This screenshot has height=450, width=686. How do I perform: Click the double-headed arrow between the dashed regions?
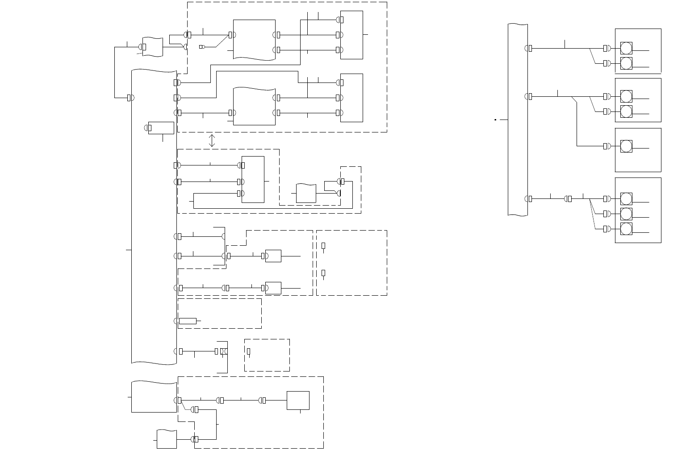coord(212,140)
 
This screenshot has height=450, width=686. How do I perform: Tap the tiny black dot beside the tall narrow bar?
coord(496,120)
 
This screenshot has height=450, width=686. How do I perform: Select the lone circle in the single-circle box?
coord(626,146)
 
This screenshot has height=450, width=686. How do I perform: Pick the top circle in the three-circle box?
coord(626,198)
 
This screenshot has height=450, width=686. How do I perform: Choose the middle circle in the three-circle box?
coord(626,214)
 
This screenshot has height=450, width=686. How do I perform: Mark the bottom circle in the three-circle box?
coord(626,229)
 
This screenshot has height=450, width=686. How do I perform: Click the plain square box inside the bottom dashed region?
coord(298,400)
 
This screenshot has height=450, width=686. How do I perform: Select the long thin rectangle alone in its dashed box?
coord(188,321)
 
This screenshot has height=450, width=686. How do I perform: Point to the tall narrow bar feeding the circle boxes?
coord(518,120)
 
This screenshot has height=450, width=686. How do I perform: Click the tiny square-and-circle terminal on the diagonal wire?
coord(201,47)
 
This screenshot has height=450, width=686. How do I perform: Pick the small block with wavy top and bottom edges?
coord(152,47)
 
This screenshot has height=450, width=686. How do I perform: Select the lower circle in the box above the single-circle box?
coord(626,111)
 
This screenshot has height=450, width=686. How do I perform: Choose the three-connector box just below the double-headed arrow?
coord(253,179)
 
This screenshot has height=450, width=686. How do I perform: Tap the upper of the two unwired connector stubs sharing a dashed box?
coord(323,246)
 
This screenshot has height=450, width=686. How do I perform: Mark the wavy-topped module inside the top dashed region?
coord(254,107)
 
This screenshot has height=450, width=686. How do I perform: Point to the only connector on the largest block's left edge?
coord(129,98)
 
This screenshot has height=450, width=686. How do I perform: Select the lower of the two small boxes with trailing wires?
coord(273,288)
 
